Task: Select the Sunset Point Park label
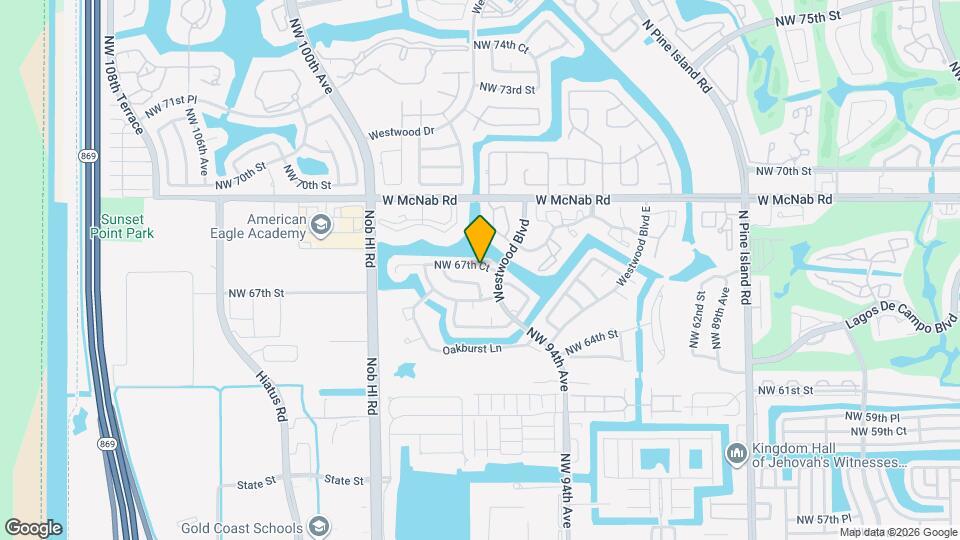(x=128, y=226)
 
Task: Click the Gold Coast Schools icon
(x=318, y=527)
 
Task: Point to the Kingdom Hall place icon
(x=737, y=453)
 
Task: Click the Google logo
(x=33, y=527)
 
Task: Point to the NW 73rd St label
(x=508, y=89)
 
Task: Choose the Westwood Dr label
(x=402, y=132)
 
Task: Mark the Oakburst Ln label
(x=471, y=349)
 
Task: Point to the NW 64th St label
(x=592, y=342)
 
